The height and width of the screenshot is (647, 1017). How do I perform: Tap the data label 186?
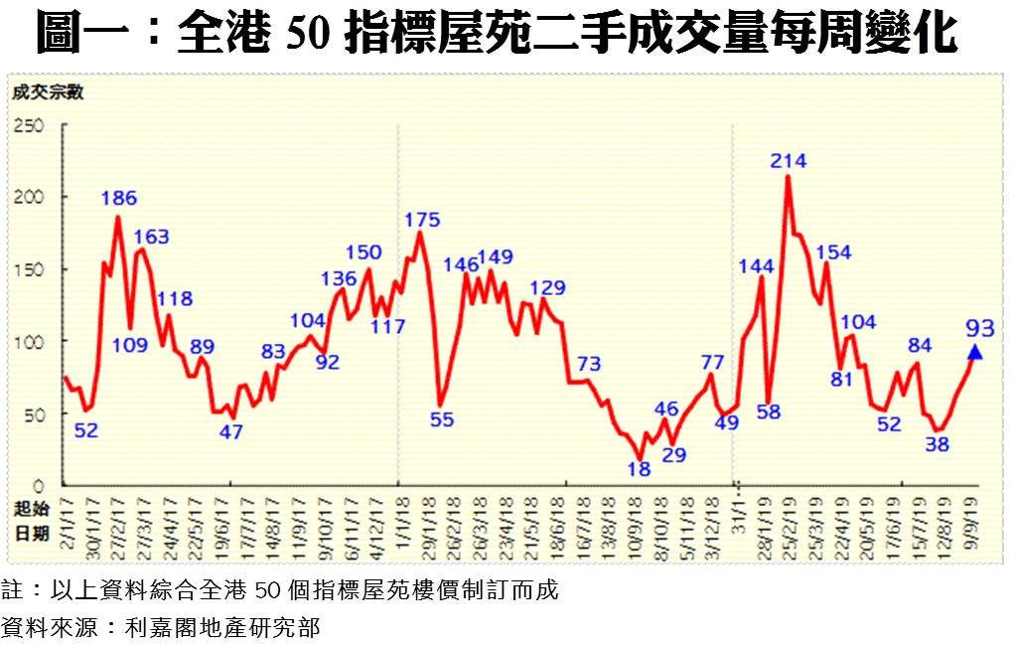(118, 198)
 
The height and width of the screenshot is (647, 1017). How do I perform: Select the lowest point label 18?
(640, 469)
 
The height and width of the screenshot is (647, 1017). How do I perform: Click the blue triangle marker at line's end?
(974, 352)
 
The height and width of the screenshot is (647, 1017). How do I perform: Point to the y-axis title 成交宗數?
(48, 93)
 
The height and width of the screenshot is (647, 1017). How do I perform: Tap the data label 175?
(423, 219)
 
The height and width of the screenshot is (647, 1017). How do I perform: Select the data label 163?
(151, 237)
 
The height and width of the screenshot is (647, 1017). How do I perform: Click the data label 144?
(758, 265)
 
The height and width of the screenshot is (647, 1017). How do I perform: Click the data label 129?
(547, 288)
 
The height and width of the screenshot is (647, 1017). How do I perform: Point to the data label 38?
(937, 444)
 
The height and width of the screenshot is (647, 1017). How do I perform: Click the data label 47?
(230, 432)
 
